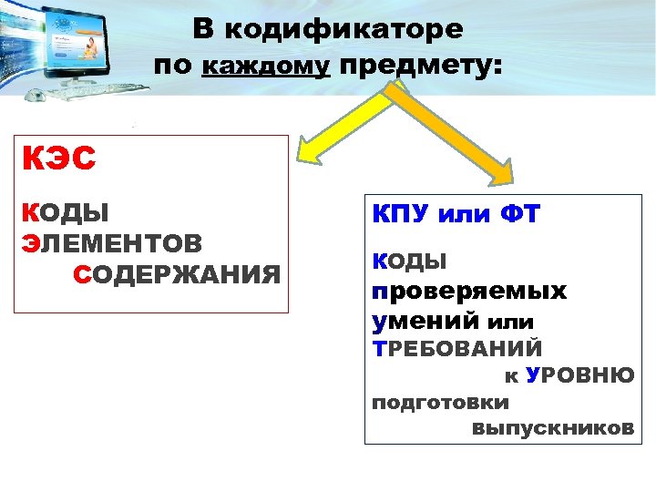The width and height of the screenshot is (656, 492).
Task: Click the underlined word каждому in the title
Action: tap(265, 67)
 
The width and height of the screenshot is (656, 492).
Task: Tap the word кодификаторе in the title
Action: tap(343, 29)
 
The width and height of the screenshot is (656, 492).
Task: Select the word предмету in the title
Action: tap(419, 67)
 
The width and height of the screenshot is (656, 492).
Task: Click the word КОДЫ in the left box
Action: tap(65, 212)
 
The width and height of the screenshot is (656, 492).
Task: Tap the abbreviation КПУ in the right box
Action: tap(401, 216)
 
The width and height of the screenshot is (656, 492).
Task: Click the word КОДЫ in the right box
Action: tap(409, 262)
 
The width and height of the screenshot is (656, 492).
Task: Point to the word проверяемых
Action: tap(468, 292)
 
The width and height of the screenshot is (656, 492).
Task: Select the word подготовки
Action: tap(441, 402)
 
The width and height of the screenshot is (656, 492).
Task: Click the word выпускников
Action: tap(553, 428)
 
